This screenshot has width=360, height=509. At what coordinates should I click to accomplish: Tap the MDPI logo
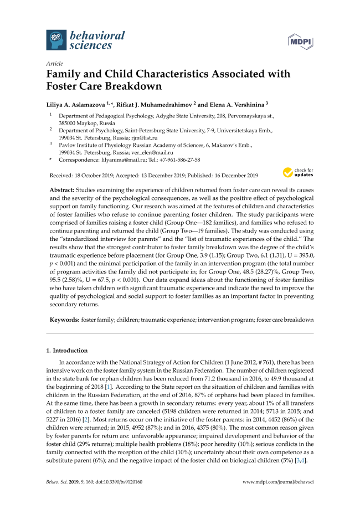click(300, 40)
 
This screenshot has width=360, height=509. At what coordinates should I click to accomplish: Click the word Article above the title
click(54, 64)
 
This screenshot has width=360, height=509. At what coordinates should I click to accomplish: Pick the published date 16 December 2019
click(230, 176)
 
